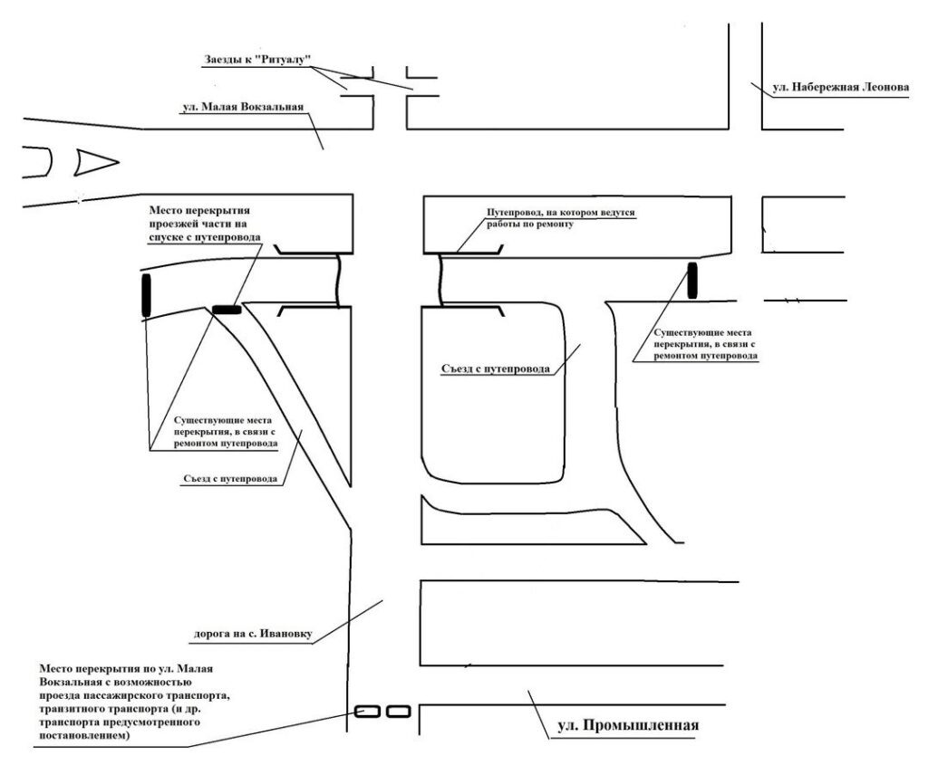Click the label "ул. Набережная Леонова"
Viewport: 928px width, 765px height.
(838, 89)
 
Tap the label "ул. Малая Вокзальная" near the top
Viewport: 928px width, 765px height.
(242, 107)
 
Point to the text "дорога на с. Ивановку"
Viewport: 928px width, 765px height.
(252, 634)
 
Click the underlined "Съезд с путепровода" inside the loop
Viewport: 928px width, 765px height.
(498, 368)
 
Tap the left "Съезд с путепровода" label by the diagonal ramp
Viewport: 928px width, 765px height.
(226, 477)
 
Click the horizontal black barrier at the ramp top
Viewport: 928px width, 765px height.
(227, 310)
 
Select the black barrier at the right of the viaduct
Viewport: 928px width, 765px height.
(693, 280)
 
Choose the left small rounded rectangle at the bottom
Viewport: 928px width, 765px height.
(367, 712)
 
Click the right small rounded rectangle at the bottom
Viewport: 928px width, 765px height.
(399, 712)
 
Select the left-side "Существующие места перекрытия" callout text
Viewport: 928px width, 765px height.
(224, 433)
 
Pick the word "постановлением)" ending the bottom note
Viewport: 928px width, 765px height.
(85, 737)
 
